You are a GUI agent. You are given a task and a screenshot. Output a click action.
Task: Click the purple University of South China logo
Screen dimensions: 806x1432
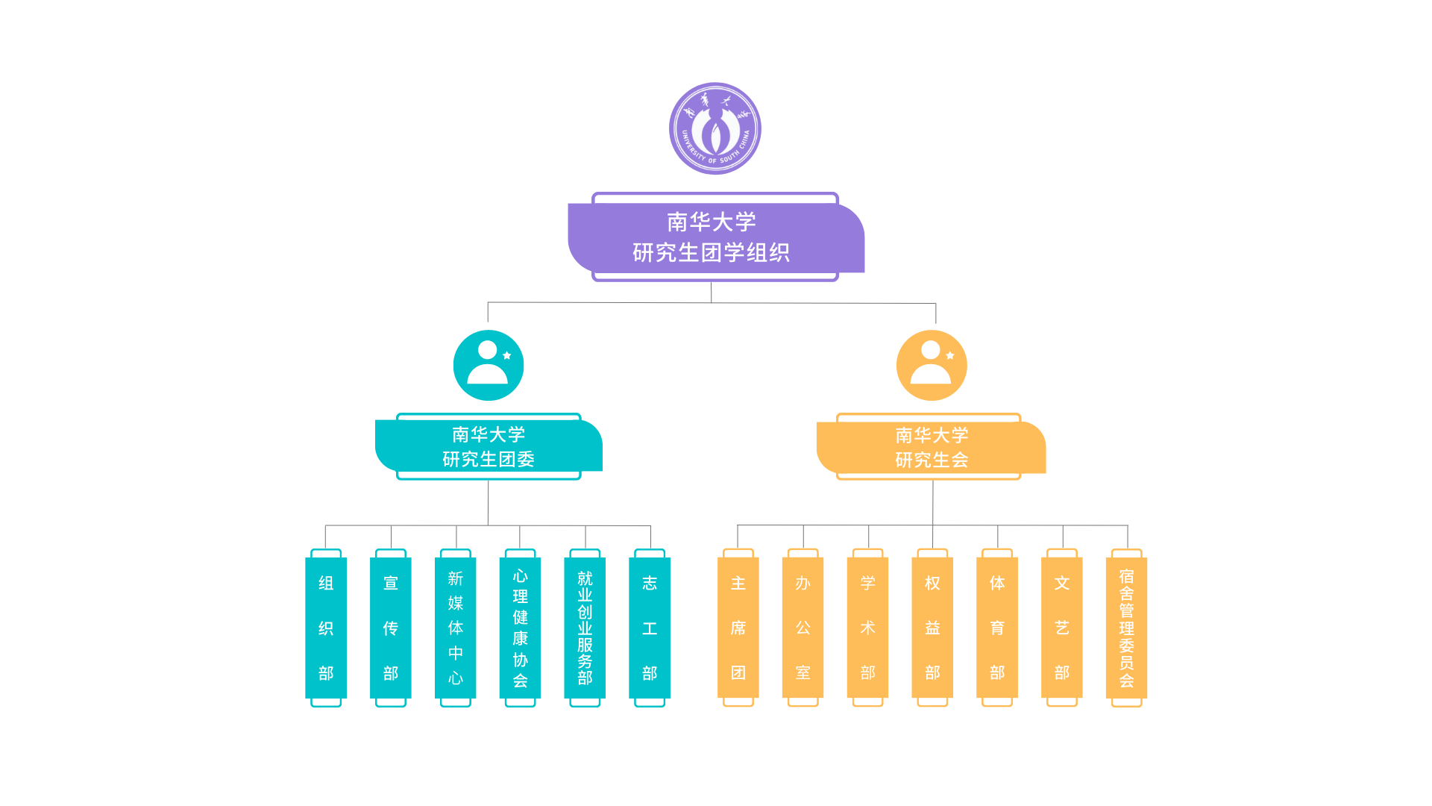tap(715, 128)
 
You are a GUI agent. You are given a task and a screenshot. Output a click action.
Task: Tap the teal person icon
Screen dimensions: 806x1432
tap(489, 365)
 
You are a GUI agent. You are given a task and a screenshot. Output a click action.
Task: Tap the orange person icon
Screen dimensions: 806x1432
tap(932, 365)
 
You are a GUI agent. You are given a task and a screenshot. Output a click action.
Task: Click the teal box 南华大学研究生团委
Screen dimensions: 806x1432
tap(489, 446)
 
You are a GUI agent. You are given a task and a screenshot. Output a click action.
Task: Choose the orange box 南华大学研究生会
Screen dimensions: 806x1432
tap(931, 447)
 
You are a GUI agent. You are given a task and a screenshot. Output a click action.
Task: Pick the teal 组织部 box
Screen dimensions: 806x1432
tap(326, 628)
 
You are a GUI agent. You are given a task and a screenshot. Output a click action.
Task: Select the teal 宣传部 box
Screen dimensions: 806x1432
tap(391, 628)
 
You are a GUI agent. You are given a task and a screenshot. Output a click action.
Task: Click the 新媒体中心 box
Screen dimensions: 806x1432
tap(456, 628)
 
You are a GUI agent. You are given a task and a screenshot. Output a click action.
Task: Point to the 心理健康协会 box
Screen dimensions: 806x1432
tap(520, 628)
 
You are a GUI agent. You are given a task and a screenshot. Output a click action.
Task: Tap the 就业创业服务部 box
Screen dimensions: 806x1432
tap(585, 628)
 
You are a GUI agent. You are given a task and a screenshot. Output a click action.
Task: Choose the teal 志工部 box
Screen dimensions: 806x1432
tap(650, 628)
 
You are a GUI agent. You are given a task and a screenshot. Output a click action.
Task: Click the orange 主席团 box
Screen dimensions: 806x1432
tap(738, 628)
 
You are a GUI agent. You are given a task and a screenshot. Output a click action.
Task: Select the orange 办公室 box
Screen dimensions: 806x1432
tap(803, 628)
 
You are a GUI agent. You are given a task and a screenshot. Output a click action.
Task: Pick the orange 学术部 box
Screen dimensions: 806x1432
tap(867, 628)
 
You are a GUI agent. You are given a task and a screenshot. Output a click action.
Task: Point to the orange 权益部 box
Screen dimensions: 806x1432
tap(932, 628)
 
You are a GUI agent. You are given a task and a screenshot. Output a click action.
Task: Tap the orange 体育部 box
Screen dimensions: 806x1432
tap(997, 628)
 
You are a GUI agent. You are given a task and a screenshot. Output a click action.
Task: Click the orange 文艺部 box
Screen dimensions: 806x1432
tap(1062, 628)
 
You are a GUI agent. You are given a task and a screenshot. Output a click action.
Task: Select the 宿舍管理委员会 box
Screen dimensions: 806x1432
tap(1126, 628)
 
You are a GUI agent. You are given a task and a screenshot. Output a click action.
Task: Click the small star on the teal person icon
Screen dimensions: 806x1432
tap(507, 355)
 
